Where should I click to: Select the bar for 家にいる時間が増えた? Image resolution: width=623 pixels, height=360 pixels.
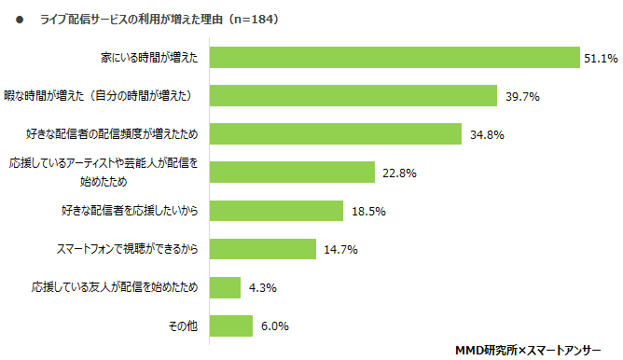395,58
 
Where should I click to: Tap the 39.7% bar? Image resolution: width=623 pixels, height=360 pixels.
353,95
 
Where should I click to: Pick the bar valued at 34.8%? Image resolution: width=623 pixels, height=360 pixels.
336,133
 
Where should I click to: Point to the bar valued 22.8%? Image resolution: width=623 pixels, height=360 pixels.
292,173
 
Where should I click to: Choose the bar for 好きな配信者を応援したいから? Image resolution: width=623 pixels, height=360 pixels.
276,211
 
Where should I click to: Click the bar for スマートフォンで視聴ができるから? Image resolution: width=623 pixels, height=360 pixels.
263,249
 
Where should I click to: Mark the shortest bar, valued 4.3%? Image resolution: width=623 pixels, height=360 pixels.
226,287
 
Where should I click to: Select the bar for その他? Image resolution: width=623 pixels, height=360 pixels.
231,326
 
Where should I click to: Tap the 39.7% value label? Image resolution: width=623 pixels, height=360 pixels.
521,95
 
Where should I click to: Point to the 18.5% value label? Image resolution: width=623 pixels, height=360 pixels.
369,211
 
